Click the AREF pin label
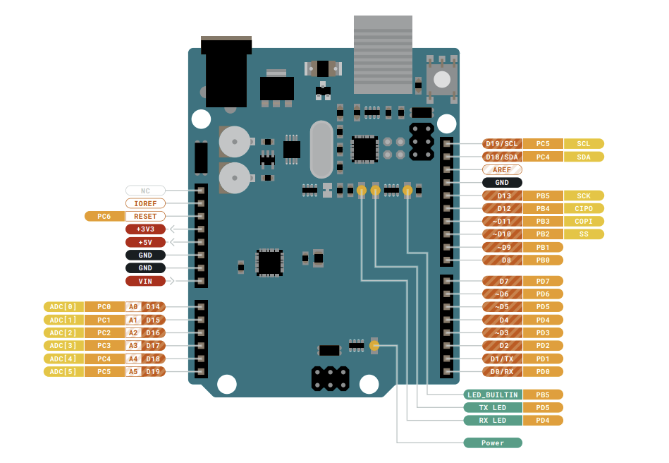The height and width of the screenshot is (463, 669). (502, 169)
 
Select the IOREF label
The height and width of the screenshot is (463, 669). (145, 203)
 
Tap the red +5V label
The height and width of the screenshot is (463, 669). (145, 242)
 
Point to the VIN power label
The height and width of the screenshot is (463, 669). (145, 281)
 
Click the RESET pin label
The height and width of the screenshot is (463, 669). (145, 216)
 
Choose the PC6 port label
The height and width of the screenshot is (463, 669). (104, 216)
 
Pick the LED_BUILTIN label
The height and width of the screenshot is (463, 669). (492, 395)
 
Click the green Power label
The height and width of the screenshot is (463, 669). (492, 443)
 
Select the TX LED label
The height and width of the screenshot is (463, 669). (492, 407)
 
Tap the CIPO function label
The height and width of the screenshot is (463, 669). (583, 208)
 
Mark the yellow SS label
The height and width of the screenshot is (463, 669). (583, 234)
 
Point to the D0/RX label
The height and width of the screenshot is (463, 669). (502, 371)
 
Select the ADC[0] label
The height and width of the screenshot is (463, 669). (63, 306)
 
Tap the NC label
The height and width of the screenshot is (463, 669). (145, 191)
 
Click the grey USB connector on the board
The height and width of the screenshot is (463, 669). (383, 55)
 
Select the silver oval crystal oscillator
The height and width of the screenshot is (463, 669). (321, 150)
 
